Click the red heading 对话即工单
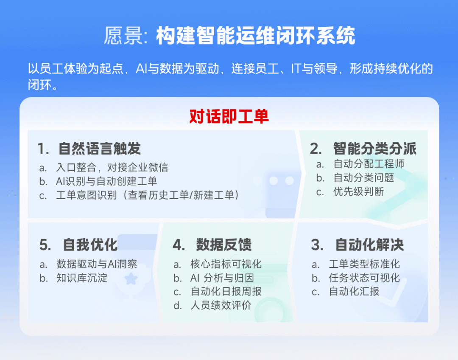click(229, 117)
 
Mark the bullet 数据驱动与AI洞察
click(97, 264)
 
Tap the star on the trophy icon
click(131, 278)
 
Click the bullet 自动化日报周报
click(226, 292)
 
